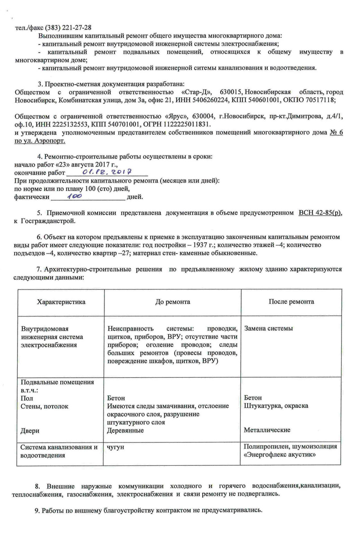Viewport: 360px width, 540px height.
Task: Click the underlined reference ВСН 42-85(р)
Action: click(319, 213)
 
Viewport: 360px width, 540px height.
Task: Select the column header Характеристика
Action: click(61, 302)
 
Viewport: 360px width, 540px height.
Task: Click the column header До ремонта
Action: click(173, 302)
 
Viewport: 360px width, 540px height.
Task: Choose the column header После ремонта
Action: click(291, 302)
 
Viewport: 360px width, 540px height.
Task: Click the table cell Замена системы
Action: click(269, 328)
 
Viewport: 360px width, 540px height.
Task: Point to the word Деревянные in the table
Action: click(126, 431)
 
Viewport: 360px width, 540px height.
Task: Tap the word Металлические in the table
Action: click(267, 430)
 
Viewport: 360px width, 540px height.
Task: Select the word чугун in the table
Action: click(116, 447)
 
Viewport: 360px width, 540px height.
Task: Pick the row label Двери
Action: click(31, 431)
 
